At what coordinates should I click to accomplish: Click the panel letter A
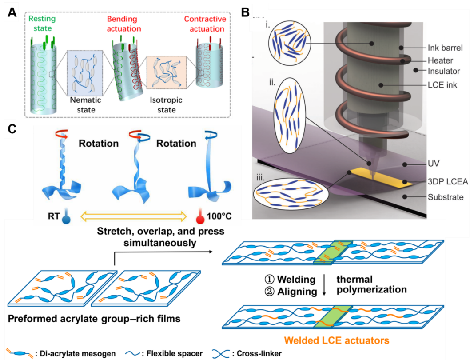11,13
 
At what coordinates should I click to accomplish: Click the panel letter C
11,129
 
